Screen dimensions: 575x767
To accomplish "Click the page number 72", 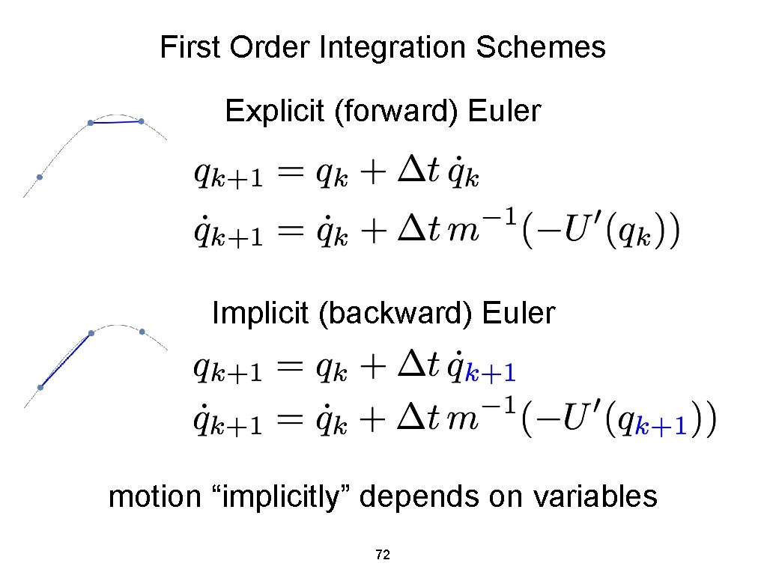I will click(x=383, y=555).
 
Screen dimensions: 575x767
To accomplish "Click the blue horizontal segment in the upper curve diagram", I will click(x=115, y=121).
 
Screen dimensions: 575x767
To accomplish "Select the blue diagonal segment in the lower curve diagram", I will click(x=65, y=360).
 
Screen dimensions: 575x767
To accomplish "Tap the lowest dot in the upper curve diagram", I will click(x=40, y=177).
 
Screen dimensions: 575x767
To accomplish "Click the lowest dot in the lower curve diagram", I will click(x=40, y=387).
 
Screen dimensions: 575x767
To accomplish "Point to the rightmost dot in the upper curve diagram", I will click(x=141, y=121).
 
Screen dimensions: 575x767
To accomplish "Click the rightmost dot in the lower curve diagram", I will click(x=142, y=331).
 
